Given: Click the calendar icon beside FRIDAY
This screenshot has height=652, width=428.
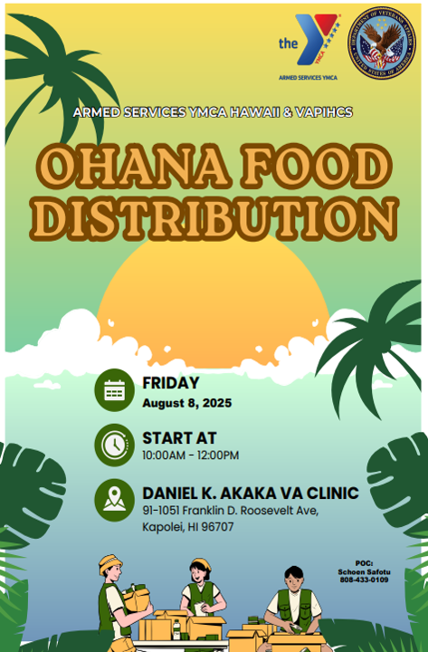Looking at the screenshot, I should point(114,390).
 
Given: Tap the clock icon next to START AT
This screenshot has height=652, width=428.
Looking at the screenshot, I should point(114,445).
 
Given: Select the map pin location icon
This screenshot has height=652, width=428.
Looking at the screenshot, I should point(114,500).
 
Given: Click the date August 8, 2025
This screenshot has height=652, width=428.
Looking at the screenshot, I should point(186,403).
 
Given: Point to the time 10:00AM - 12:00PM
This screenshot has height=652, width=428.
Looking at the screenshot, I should point(190,455).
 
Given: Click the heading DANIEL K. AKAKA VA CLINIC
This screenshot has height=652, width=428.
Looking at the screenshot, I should point(251,494).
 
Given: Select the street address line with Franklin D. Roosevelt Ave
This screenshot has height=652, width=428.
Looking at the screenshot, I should point(230,511).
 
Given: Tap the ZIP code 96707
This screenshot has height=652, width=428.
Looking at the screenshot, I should point(217,527).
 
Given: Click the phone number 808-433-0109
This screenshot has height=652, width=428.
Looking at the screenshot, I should point(364,580).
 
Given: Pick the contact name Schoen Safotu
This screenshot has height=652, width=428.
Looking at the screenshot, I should point(364,571).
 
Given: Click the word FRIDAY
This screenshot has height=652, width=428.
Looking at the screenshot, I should point(170,383).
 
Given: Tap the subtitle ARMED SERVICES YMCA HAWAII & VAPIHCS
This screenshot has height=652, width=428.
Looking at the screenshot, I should point(214,112).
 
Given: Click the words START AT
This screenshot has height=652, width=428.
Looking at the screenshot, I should point(179,438).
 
